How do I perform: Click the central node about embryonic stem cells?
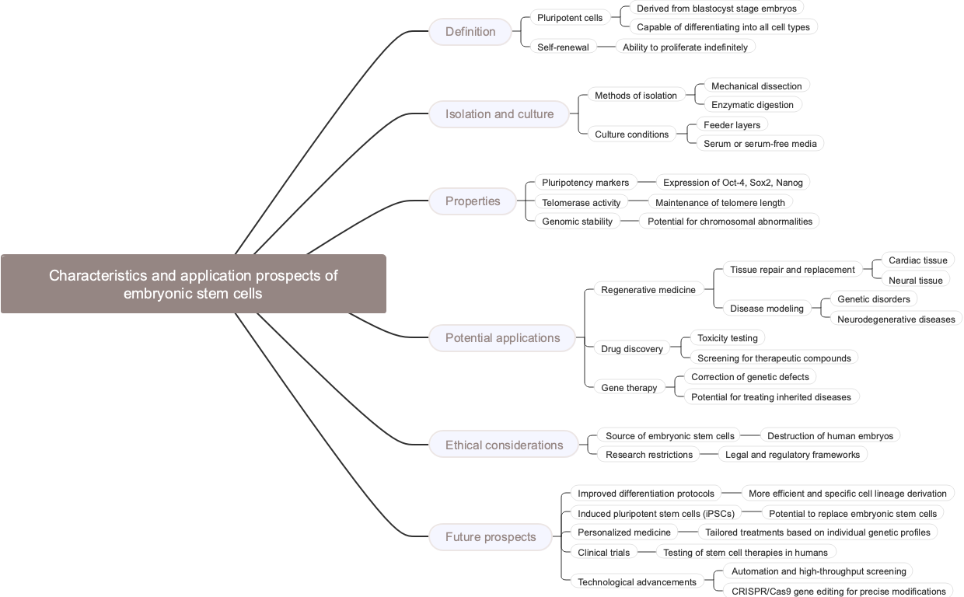pyautogui.click(x=193, y=284)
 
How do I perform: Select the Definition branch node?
pyautogui.click(x=470, y=32)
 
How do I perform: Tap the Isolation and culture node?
pyautogui.click(x=499, y=114)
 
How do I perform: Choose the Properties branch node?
pyautogui.click(x=473, y=201)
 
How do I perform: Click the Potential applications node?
pyautogui.click(x=502, y=338)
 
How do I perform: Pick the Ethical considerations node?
pyautogui.click(x=504, y=445)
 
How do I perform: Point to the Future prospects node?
pyautogui.click(x=491, y=537)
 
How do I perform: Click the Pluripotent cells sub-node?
pyautogui.click(x=570, y=18)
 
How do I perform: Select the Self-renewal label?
pyautogui.click(x=563, y=47)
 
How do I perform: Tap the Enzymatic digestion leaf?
pyautogui.click(x=752, y=105)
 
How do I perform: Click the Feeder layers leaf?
pyautogui.click(x=732, y=125)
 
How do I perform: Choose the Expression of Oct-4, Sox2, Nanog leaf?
pyautogui.click(x=733, y=183)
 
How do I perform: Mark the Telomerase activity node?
pyautogui.click(x=581, y=203)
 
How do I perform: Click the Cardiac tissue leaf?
pyautogui.click(x=917, y=260)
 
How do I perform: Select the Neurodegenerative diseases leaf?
pyautogui.click(x=896, y=319)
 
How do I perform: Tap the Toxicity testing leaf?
pyautogui.click(x=727, y=338)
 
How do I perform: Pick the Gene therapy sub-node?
pyautogui.click(x=629, y=388)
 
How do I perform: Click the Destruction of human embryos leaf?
pyautogui.click(x=830, y=436)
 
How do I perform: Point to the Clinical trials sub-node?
pyautogui.click(x=603, y=553)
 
